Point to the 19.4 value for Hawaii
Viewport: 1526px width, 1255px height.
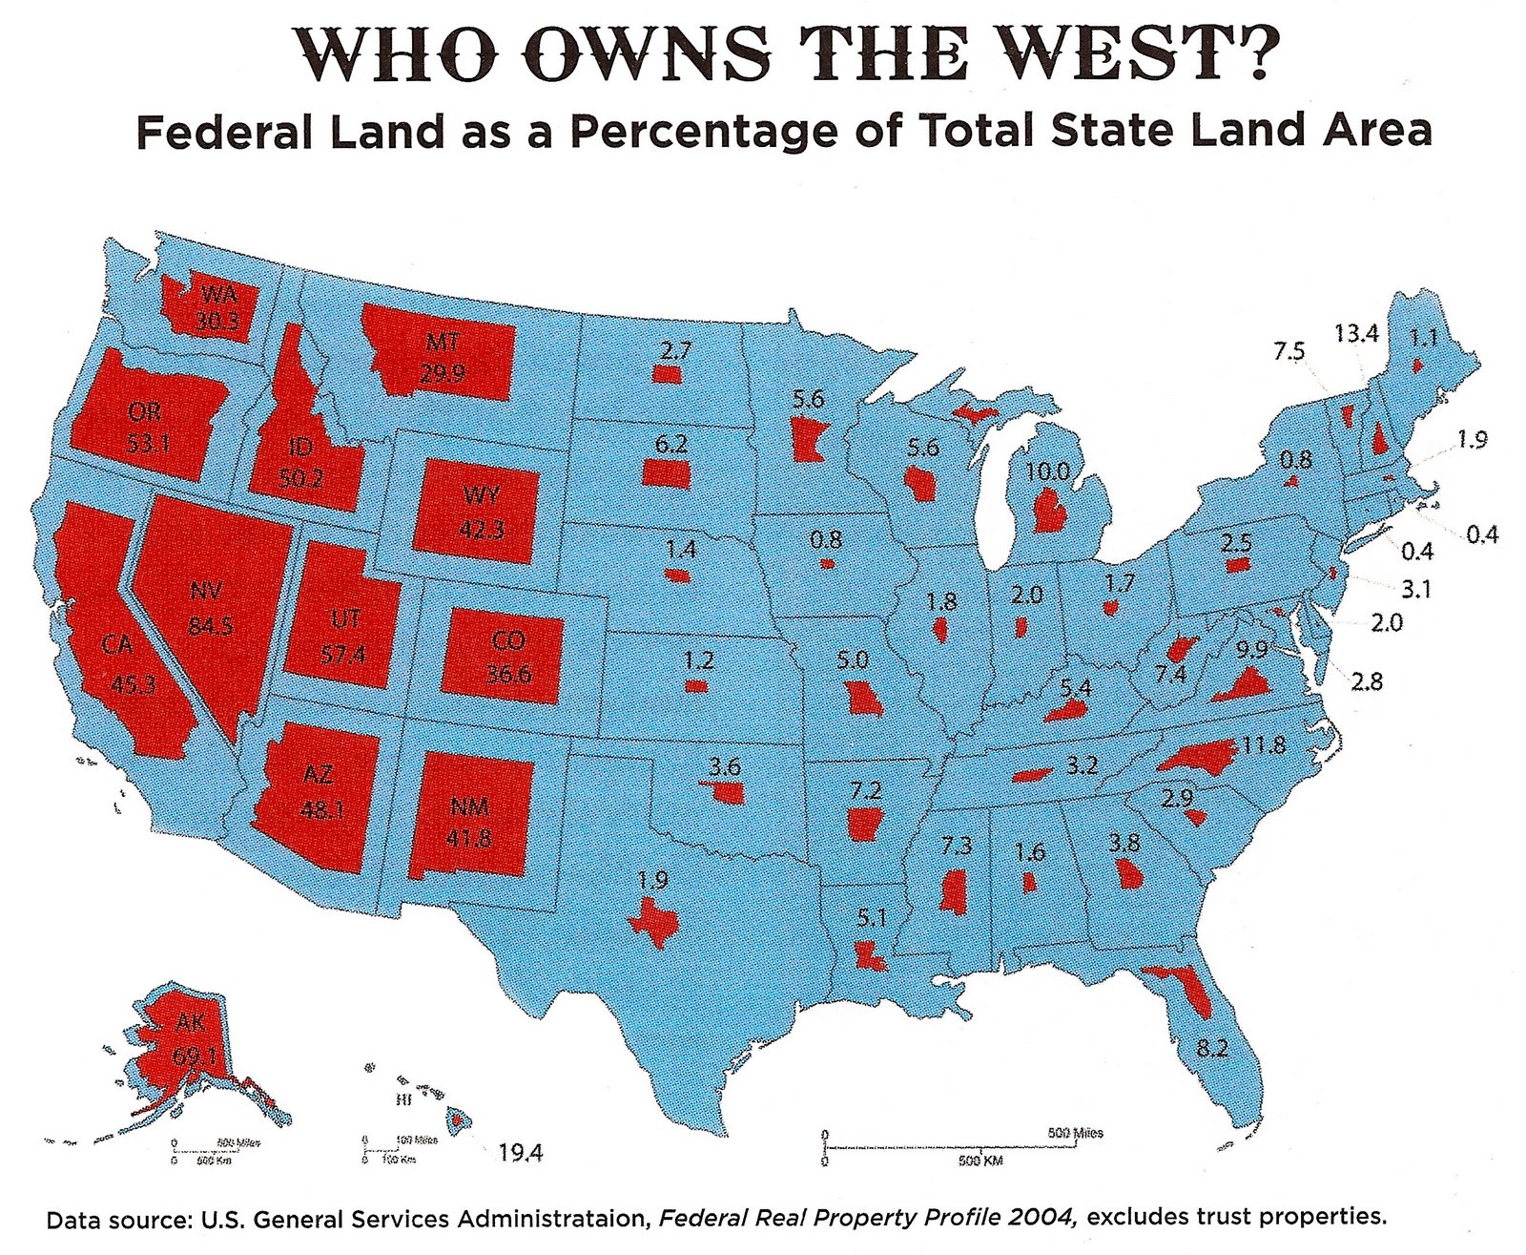[521, 1153]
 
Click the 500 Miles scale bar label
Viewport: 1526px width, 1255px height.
[1075, 1134]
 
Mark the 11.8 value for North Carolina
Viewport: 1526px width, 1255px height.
[1263, 744]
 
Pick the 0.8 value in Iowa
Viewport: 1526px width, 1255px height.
[826, 541]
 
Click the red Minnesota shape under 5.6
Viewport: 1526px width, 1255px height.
[806, 441]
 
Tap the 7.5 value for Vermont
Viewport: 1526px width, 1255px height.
[1289, 350]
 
